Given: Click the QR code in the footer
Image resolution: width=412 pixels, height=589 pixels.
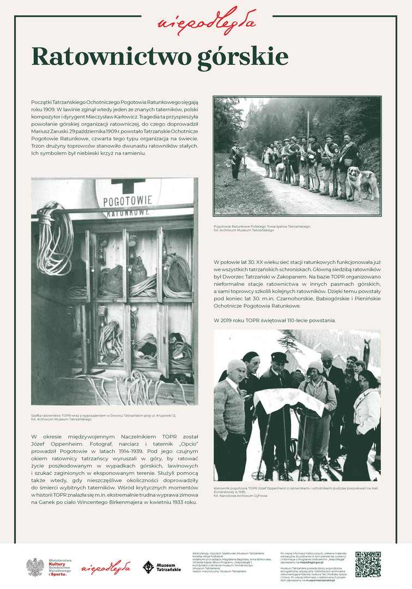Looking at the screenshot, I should (368, 564).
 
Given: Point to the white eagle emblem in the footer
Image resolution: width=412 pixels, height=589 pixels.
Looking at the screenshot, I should (35, 567).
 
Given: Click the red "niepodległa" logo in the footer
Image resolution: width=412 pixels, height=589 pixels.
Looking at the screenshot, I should (106, 567).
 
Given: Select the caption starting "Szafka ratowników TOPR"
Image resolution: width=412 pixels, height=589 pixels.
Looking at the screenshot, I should (104, 417).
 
